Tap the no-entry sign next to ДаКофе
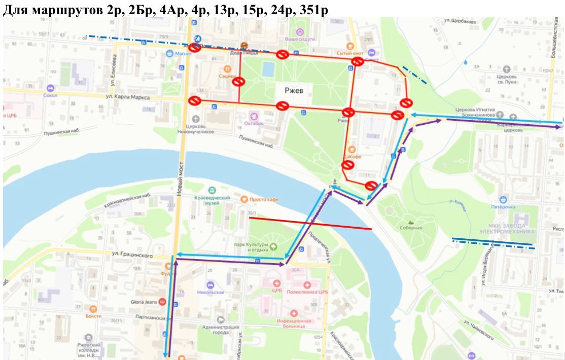coord(347,165)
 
